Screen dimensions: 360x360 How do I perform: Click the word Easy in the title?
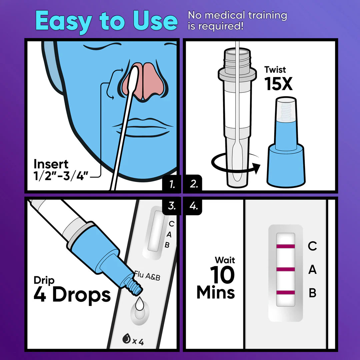point(64,21)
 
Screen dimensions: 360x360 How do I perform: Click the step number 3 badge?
point(172,206)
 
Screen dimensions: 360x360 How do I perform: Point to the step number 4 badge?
point(194,206)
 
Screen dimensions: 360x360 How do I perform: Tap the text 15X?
point(278,84)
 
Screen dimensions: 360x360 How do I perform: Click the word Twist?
point(275,70)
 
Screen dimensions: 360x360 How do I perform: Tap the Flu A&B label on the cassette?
point(147,276)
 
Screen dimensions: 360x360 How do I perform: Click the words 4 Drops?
point(72,295)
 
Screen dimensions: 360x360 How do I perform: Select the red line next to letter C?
point(285,246)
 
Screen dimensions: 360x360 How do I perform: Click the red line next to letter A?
point(285,269)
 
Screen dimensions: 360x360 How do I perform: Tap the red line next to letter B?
point(285,292)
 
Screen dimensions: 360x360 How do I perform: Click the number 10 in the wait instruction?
point(222,276)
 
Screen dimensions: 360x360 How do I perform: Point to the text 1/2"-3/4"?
point(61,176)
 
